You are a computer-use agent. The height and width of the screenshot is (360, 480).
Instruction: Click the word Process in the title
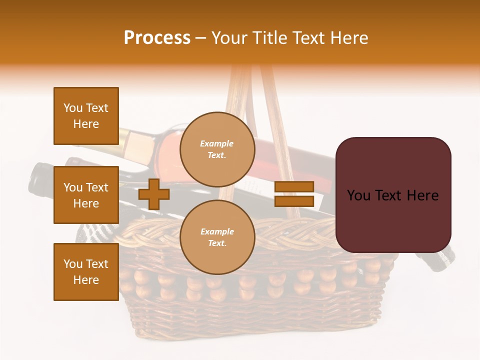coord(157,38)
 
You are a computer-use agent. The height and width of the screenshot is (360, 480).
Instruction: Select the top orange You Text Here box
coord(86,116)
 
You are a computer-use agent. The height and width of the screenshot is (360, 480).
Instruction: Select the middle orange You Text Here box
coord(86,195)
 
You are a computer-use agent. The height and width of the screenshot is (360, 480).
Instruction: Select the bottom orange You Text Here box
coord(86,272)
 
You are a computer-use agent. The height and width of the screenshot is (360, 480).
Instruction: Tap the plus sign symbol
coord(154,194)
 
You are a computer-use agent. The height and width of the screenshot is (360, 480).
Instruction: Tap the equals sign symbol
coord(294,194)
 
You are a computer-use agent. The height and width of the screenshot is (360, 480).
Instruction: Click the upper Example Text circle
coord(217,149)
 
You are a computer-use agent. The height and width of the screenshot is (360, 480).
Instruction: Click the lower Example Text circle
coord(217,237)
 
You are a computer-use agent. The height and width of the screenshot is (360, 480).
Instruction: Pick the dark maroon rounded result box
coord(393,195)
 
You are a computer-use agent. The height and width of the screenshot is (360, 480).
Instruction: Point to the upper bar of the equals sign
coord(294,186)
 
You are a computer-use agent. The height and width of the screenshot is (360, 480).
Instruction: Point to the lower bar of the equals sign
coord(294,201)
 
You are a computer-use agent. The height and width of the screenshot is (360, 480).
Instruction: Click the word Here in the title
coord(350,38)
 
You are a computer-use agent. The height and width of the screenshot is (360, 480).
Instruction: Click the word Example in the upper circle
coord(217,144)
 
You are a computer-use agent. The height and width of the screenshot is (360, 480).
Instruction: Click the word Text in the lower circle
coord(216,243)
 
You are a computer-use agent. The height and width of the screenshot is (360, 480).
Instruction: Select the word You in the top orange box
coord(73,108)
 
